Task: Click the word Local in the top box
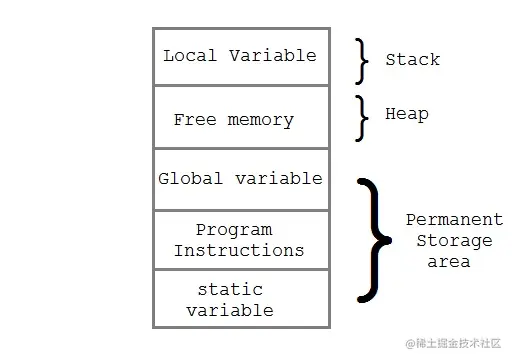tap(191, 55)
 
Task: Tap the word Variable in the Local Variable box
tap(272, 55)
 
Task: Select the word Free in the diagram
tap(194, 119)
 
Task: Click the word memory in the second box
tap(260, 119)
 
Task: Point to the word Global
tap(191, 179)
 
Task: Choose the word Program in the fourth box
tap(234, 230)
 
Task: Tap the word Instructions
tap(238, 249)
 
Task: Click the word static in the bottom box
tap(230, 289)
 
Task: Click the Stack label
tap(412, 60)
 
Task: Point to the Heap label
tap(407, 114)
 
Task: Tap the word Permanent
tap(454, 219)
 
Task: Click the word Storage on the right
tap(454, 241)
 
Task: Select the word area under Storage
tap(449, 262)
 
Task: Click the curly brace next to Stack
tap(362, 60)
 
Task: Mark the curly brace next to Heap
tap(362, 117)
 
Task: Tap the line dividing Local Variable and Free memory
tap(240, 86)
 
